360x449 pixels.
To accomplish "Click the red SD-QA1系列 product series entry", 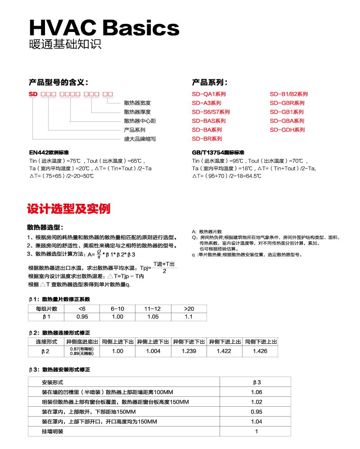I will pyautogui.click(x=209, y=94).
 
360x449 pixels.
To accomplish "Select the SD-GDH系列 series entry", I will pyautogui.click(x=287, y=130).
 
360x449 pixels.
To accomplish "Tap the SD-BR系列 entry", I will pyautogui.click(x=207, y=139).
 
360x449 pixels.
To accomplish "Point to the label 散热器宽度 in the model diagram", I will pyautogui.click(x=137, y=103).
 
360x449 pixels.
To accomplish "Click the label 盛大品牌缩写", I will pyautogui.click(x=140, y=139).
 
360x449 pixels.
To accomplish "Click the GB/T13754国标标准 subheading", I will pyautogui.click(x=218, y=153).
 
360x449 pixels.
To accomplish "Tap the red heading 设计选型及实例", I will pyautogui.click(x=68, y=209).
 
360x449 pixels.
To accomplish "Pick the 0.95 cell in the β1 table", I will pyautogui.click(x=82, y=317).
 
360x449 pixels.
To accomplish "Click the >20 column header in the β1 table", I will pyautogui.click(x=189, y=309).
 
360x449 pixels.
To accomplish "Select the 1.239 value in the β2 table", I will pyautogui.click(x=189, y=351).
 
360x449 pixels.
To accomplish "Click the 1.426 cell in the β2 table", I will pyautogui.click(x=260, y=351).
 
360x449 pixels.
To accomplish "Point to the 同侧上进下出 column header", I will pyautogui.click(x=117, y=342).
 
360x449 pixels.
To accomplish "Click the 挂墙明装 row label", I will pyautogui.click(x=53, y=431).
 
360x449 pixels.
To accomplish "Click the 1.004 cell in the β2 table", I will pyautogui.click(x=153, y=351).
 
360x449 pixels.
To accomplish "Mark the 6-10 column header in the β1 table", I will pyautogui.click(x=117, y=309).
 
